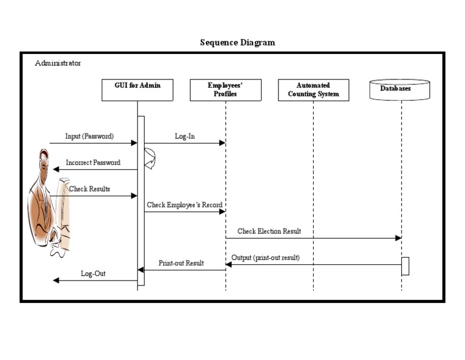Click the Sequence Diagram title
[x=237, y=43]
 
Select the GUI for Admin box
[x=137, y=90]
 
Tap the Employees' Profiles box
[x=225, y=90]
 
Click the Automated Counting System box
[x=314, y=90]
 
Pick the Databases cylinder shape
[x=400, y=89]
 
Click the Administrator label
[x=58, y=63]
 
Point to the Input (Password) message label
[x=90, y=136]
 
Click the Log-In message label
[x=185, y=136]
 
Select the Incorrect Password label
[x=93, y=162]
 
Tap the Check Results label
[x=90, y=189]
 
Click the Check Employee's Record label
[x=185, y=205]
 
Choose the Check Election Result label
[x=269, y=231]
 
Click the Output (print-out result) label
[x=265, y=258]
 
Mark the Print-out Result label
[x=181, y=263]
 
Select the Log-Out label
[x=93, y=273]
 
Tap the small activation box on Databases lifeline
[x=405, y=266]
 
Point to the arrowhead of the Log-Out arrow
[x=56, y=280]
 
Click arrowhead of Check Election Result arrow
[x=398, y=238]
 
